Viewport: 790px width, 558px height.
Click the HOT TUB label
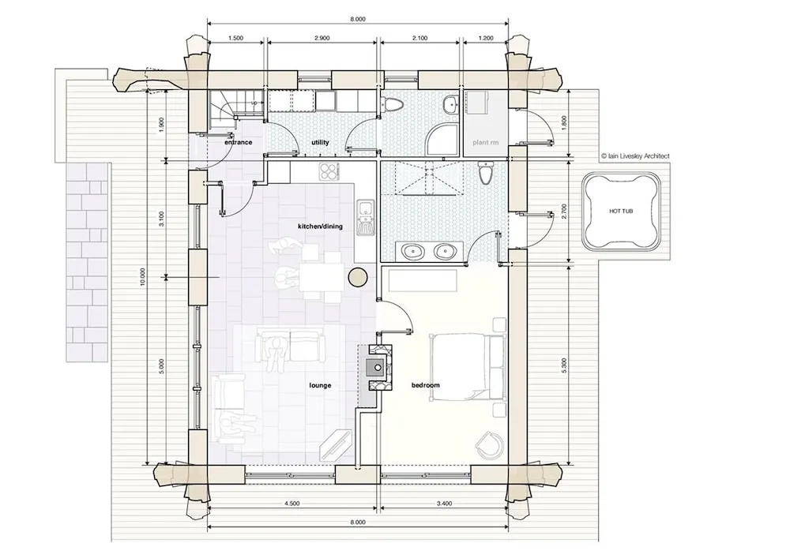pyautogui.click(x=621, y=212)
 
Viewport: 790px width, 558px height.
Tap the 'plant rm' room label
pyautogui.click(x=485, y=142)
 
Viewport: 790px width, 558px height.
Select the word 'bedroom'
pyautogui.click(x=425, y=385)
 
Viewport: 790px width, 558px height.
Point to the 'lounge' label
pyautogui.click(x=320, y=385)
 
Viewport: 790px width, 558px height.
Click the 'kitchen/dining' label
pyautogui.click(x=320, y=227)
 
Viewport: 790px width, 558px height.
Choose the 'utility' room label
pyautogui.click(x=320, y=142)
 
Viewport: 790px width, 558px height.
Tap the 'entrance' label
pyautogui.click(x=238, y=142)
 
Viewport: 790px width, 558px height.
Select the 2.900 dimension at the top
pyautogui.click(x=322, y=38)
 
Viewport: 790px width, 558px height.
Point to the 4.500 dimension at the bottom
pyautogui.click(x=292, y=504)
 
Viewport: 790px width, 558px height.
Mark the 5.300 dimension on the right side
pyautogui.click(x=564, y=365)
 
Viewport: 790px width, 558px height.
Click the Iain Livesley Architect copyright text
pyautogui.click(x=635, y=156)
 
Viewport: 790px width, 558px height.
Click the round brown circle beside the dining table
pyautogui.click(x=358, y=277)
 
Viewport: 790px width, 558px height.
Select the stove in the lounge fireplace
pyautogui.click(x=376, y=368)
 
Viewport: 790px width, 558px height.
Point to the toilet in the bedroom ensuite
pyautogui.click(x=485, y=173)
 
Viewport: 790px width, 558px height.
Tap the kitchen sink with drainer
pyautogui.click(x=364, y=217)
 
